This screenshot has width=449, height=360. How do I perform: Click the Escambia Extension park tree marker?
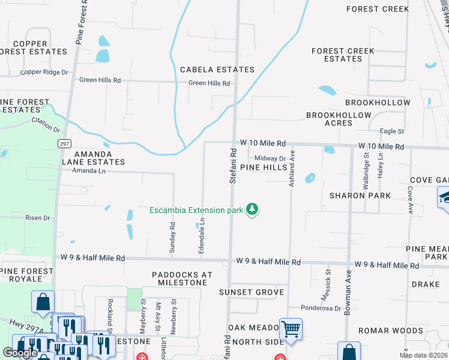253,209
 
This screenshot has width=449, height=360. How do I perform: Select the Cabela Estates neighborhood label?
217,70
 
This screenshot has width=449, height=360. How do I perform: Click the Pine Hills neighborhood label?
264,167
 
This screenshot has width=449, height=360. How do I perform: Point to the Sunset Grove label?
252,292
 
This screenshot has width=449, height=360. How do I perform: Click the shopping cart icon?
291,329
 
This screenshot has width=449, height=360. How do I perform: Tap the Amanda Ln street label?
89,171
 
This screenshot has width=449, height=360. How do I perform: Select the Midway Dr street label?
270,158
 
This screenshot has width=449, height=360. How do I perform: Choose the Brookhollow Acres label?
329,119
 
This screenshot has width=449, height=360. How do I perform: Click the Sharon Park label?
360,196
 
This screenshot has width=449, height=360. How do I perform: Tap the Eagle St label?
392,131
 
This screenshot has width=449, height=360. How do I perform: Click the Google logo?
20,353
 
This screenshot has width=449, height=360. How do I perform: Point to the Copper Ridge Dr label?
44,72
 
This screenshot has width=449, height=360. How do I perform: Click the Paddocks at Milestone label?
182,278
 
